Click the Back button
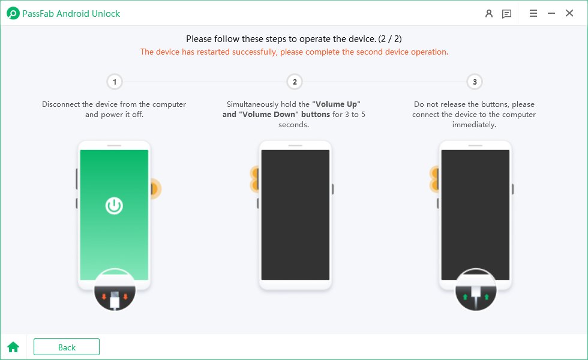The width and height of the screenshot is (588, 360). pos(67,347)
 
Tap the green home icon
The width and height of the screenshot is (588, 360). pos(13,347)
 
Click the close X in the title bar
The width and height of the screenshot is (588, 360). pos(569,13)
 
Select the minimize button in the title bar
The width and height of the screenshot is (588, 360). pos(551,13)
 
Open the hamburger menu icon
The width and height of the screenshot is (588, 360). pos(533,13)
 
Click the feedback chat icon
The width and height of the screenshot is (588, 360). pos(506,14)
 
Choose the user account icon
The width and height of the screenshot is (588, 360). pos(488,14)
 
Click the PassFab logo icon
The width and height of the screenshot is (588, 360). pos(13,13)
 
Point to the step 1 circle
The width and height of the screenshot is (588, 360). pos(115,82)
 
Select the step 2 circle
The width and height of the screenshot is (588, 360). pos(295,82)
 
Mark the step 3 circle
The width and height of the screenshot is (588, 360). pos(475,82)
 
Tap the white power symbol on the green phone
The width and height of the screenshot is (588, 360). pos(114,205)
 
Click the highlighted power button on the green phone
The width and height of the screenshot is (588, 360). pos(155,188)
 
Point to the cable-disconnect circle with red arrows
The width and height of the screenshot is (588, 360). pos(115,289)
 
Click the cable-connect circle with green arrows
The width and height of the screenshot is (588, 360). pos(475,289)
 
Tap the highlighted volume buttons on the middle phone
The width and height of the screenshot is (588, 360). pos(255,179)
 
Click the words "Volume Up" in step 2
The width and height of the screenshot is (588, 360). pos(337,104)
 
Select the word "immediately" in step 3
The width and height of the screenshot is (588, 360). pos(474,125)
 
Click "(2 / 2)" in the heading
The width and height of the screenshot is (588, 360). pos(390,38)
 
